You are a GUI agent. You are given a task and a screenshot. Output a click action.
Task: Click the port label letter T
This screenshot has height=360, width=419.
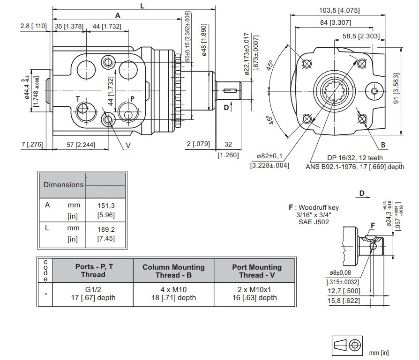[79, 99]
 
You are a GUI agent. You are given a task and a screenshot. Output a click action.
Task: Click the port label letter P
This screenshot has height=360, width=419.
[133, 99]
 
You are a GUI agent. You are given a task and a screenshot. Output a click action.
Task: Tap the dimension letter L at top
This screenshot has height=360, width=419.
[142, 6]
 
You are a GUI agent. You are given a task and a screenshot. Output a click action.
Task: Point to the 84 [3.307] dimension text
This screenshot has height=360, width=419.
[337, 22]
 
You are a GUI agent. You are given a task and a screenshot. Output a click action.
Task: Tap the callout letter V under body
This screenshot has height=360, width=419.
[128, 145]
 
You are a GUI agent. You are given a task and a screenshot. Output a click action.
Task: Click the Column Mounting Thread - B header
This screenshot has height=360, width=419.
[173, 271]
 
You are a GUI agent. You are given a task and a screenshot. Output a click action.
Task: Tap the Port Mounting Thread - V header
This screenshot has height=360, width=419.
[257, 271]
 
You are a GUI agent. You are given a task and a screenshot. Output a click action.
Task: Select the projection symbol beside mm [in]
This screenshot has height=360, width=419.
[347, 345]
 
